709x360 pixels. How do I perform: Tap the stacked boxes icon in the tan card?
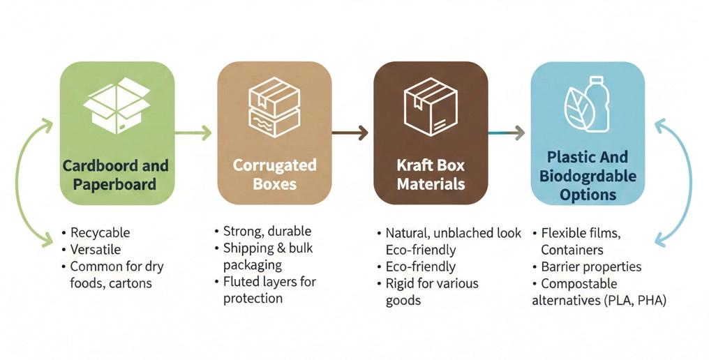pyautogui.click(x=274, y=107)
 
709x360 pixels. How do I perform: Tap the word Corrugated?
pyautogui.click(x=274, y=166)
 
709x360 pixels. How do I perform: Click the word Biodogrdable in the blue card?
pyautogui.click(x=588, y=176)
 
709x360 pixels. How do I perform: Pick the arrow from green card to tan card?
pyautogui.click(x=193, y=132)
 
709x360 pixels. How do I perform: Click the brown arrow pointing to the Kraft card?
pyautogui.click(x=350, y=132)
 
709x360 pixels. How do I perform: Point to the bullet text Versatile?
pyautogui.click(x=96, y=249)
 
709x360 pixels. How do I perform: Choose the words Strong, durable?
pyautogui.click(x=267, y=232)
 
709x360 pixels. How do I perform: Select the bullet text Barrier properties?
pyautogui.click(x=591, y=267)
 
